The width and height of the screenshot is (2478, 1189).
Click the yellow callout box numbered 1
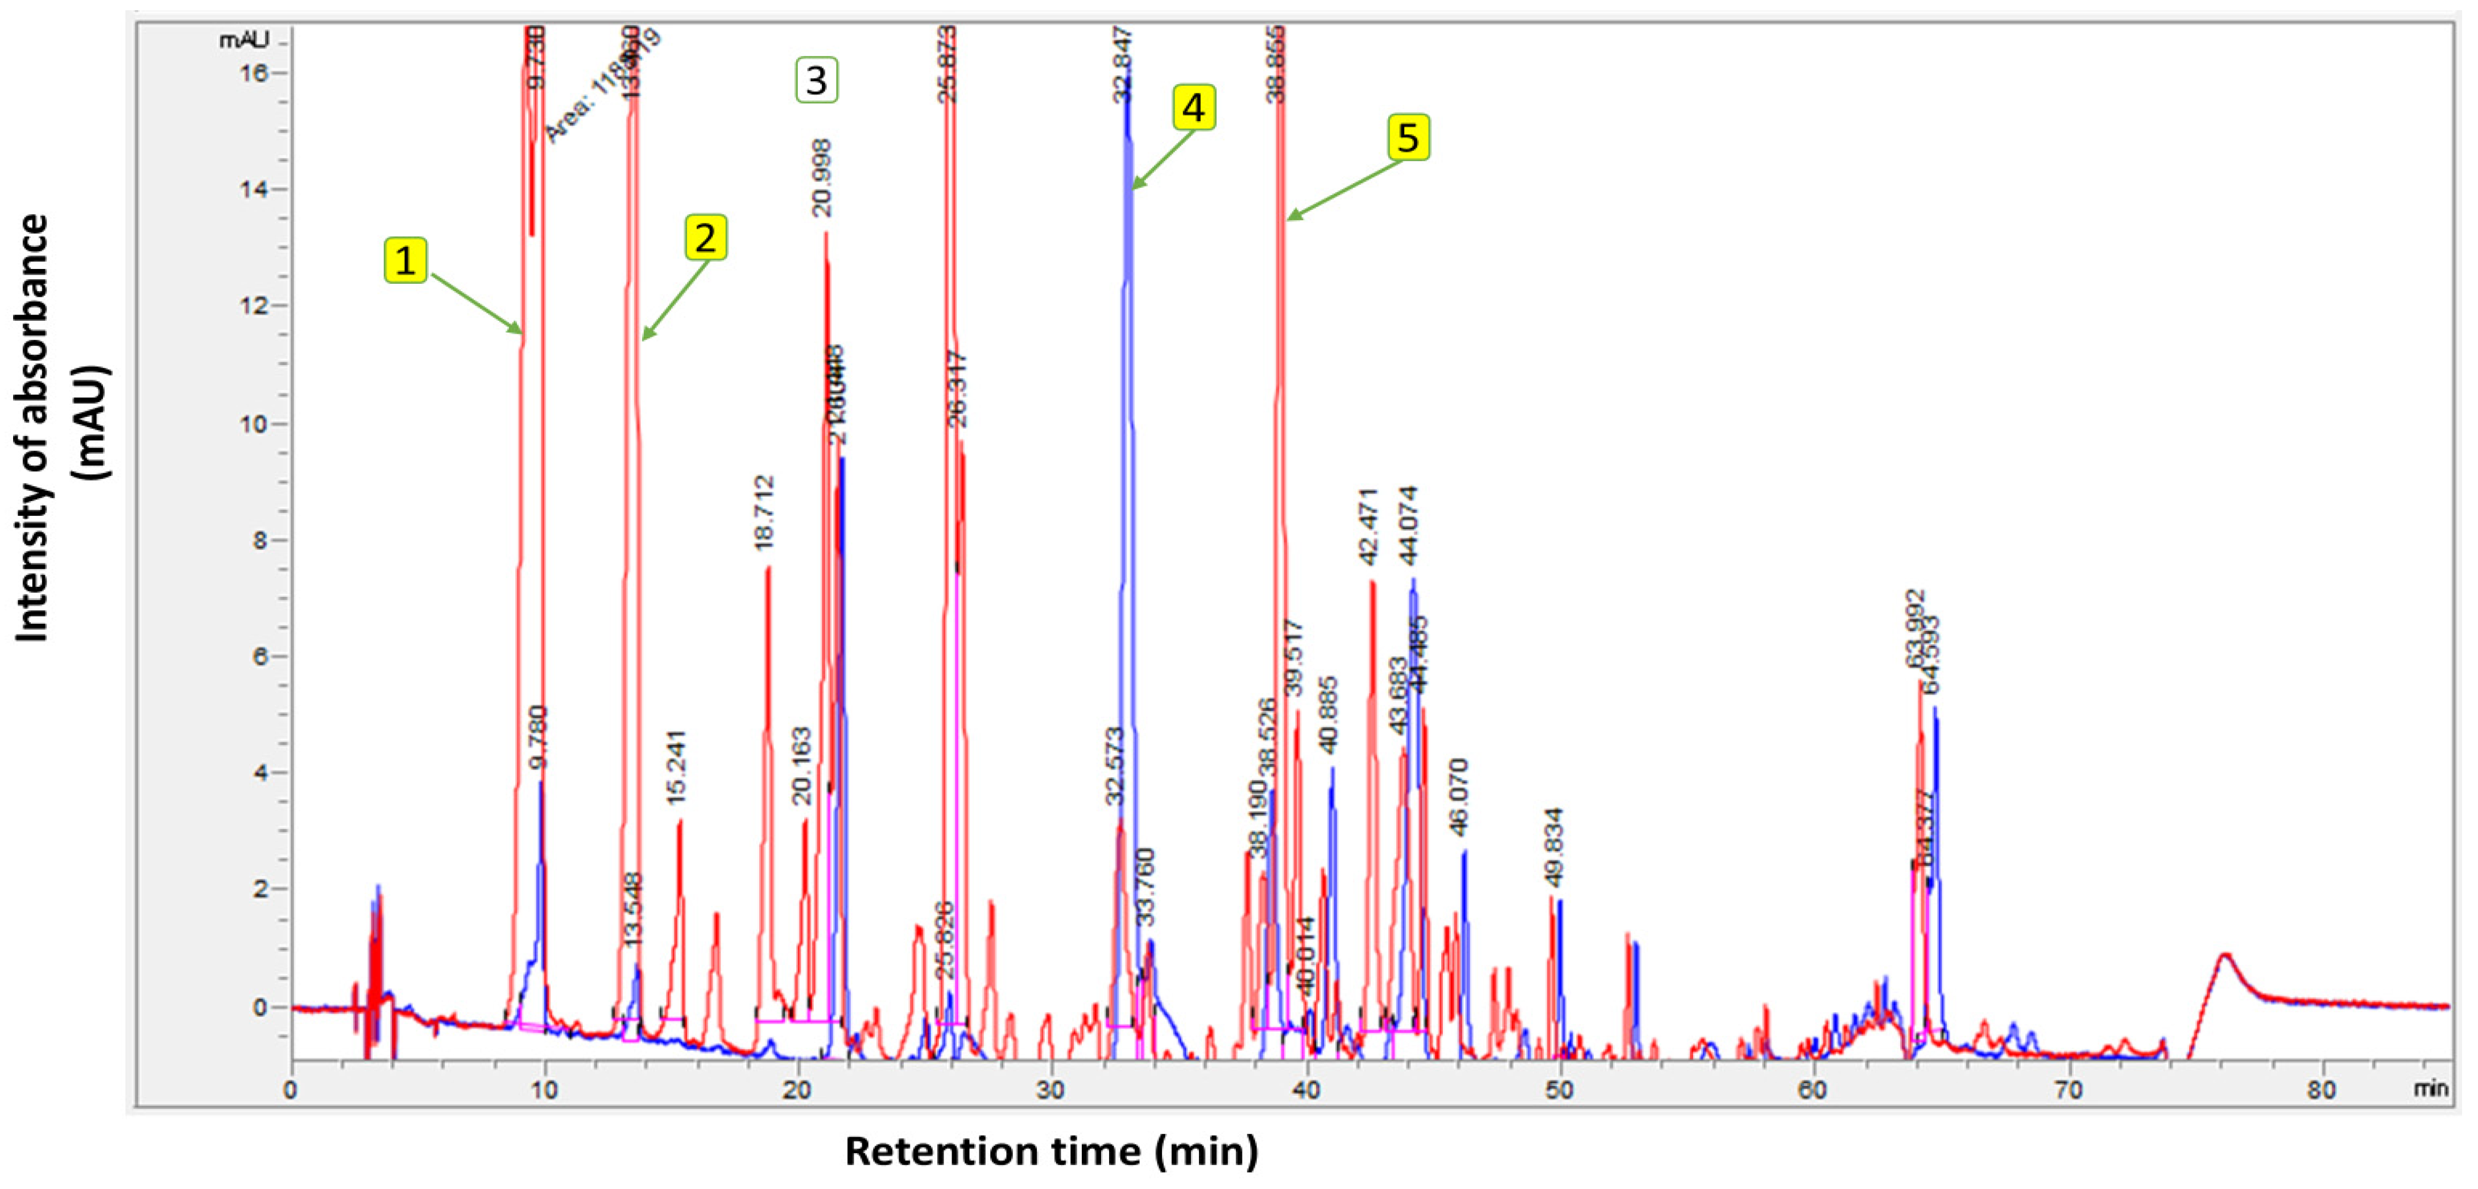(405, 260)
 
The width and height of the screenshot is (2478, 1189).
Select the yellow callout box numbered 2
(705, 238)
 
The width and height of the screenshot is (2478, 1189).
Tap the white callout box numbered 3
(816, 80)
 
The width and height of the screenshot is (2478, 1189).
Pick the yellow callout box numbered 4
(1193, 107)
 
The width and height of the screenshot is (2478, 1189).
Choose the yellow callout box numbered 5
(1407, 138)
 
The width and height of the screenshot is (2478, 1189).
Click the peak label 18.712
(765, 513)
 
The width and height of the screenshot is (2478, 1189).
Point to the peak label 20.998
(821, 178)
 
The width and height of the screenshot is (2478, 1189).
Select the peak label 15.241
(676, 768)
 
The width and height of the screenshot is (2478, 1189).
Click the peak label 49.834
(1553, 847)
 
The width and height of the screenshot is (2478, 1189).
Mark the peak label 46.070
(1459, 797)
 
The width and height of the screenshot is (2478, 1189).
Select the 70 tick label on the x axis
(2068, 1090)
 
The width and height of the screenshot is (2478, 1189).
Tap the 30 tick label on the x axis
(1050, 1090)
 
